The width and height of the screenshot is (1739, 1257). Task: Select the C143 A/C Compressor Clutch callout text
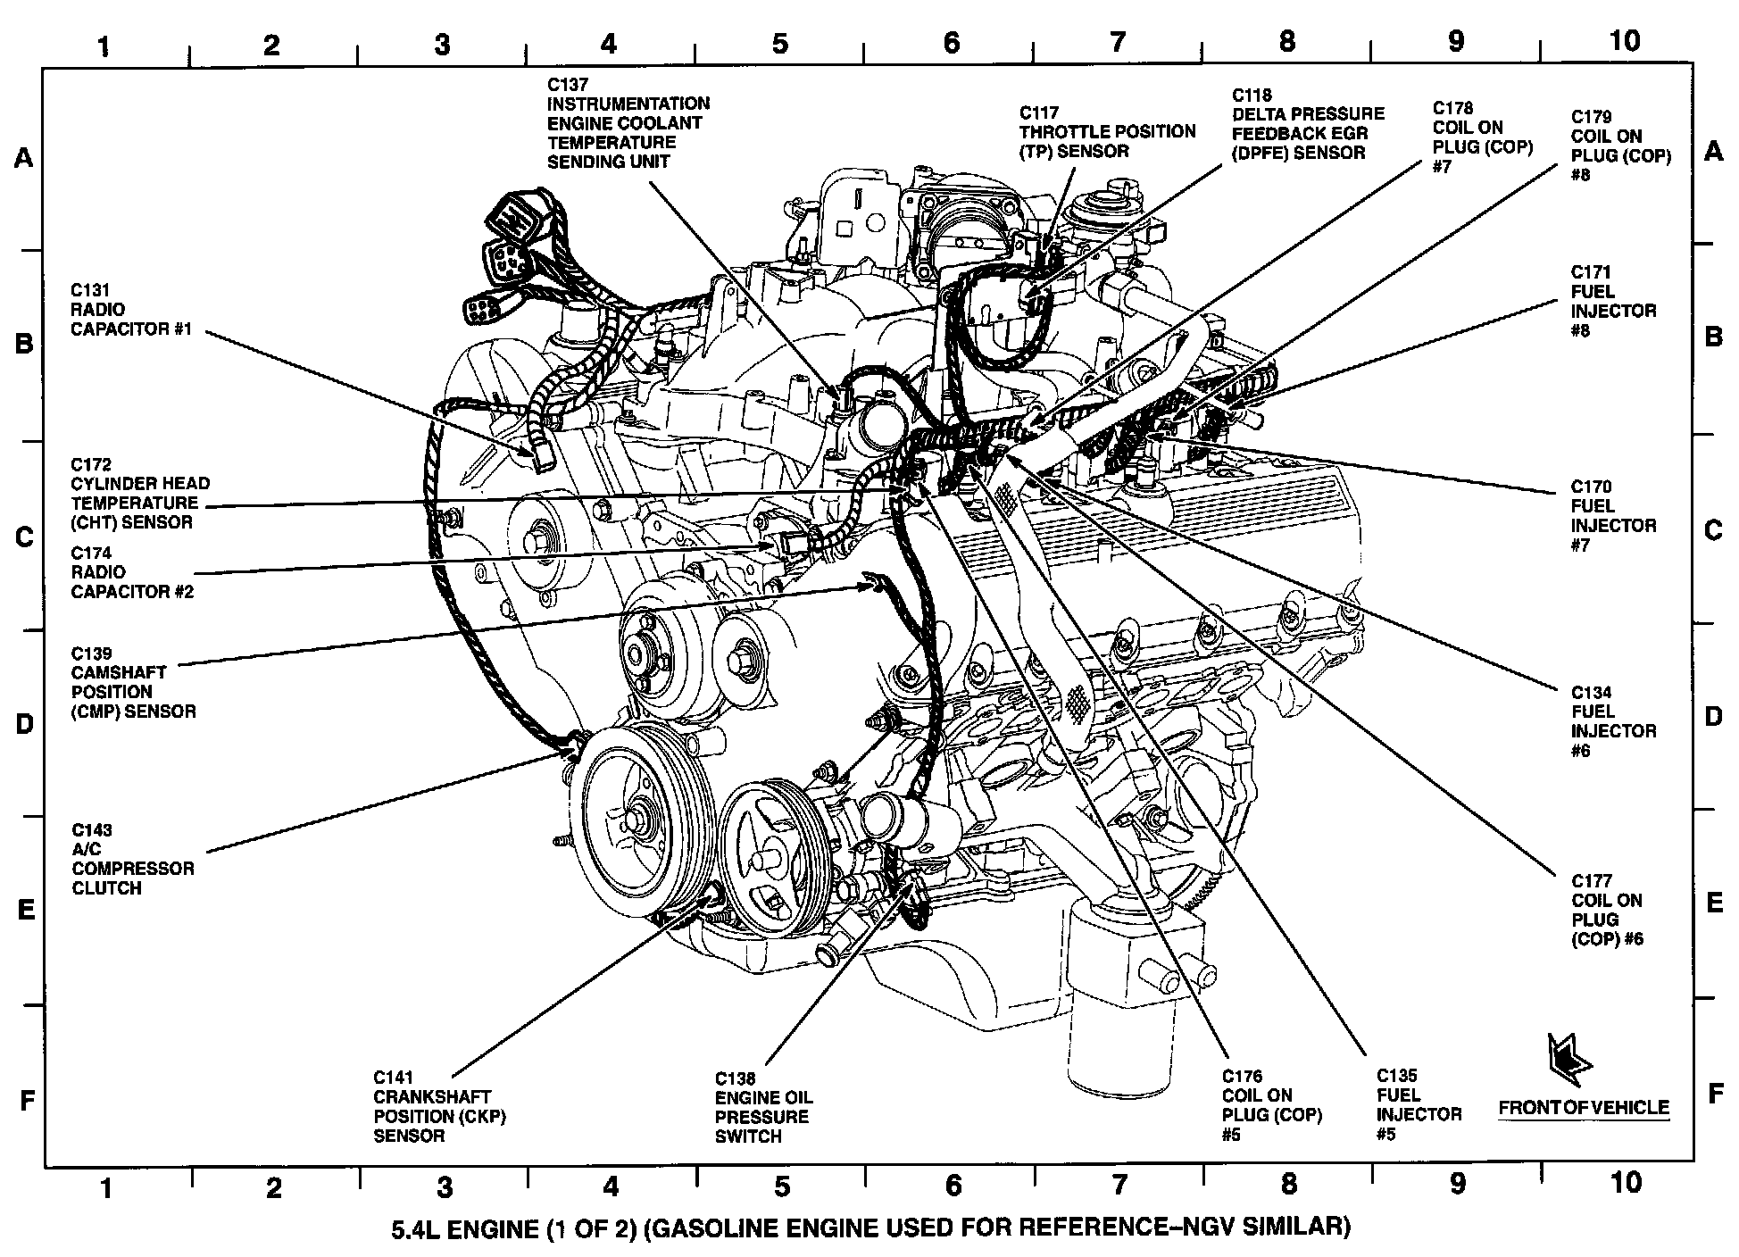[x=132, y=859]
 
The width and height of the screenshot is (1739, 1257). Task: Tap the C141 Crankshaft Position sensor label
[x=439, y=1106]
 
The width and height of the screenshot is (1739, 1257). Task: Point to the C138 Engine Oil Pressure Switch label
[x=763, y=1107]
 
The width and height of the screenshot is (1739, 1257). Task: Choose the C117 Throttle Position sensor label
[x=1107, y=132]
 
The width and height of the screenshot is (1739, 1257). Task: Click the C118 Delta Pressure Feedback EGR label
[x=1308, y=123]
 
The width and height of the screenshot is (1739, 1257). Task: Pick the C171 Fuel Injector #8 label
[x=1613, y=301]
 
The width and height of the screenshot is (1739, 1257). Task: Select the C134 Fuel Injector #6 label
[x=1613, y=721]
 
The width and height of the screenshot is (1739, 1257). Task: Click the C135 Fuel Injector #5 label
[x=1419, y=1104]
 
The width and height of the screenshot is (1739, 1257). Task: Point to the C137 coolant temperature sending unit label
[x=628, y=122]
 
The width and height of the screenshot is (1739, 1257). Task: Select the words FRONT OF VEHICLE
[x=1583, y=1108]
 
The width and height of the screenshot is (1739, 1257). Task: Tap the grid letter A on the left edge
[x=24, y=158]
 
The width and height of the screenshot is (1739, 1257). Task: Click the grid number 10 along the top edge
[x=1626, y=41]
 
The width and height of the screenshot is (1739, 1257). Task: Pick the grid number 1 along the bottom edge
[x=106, y=1187]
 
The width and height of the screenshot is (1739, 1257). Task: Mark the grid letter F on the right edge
[x=1714, y=1093]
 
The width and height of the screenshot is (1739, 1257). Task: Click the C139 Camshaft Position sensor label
[x=133, y=682]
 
